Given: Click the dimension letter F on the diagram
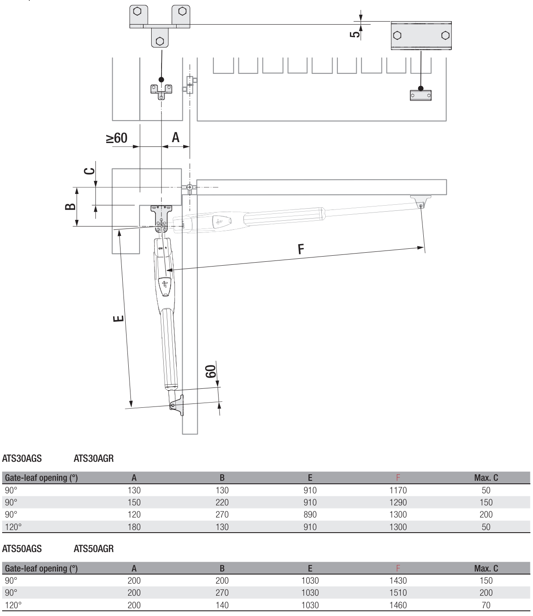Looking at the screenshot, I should (301, 249).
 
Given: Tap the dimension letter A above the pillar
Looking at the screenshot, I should (175, 137).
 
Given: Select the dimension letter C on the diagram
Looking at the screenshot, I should (89, 171).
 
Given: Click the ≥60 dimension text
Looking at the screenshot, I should (117, 138).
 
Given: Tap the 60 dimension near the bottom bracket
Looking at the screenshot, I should (210, 371).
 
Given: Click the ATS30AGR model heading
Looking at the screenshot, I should (94, 458).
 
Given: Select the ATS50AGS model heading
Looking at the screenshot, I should (22, 549).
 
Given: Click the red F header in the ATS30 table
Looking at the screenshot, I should (398, 478).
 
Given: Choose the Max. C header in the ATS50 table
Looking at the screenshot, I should (486, 568).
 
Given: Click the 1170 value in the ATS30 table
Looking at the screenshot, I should (398, 490).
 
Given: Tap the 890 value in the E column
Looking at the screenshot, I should (310, 514).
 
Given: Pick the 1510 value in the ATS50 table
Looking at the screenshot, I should (398, 593).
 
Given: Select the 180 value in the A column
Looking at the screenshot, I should (134, 527).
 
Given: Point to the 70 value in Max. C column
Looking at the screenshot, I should (486, 605).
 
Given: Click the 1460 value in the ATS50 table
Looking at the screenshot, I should (398, 605).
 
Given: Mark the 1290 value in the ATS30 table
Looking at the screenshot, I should (398, 502).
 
